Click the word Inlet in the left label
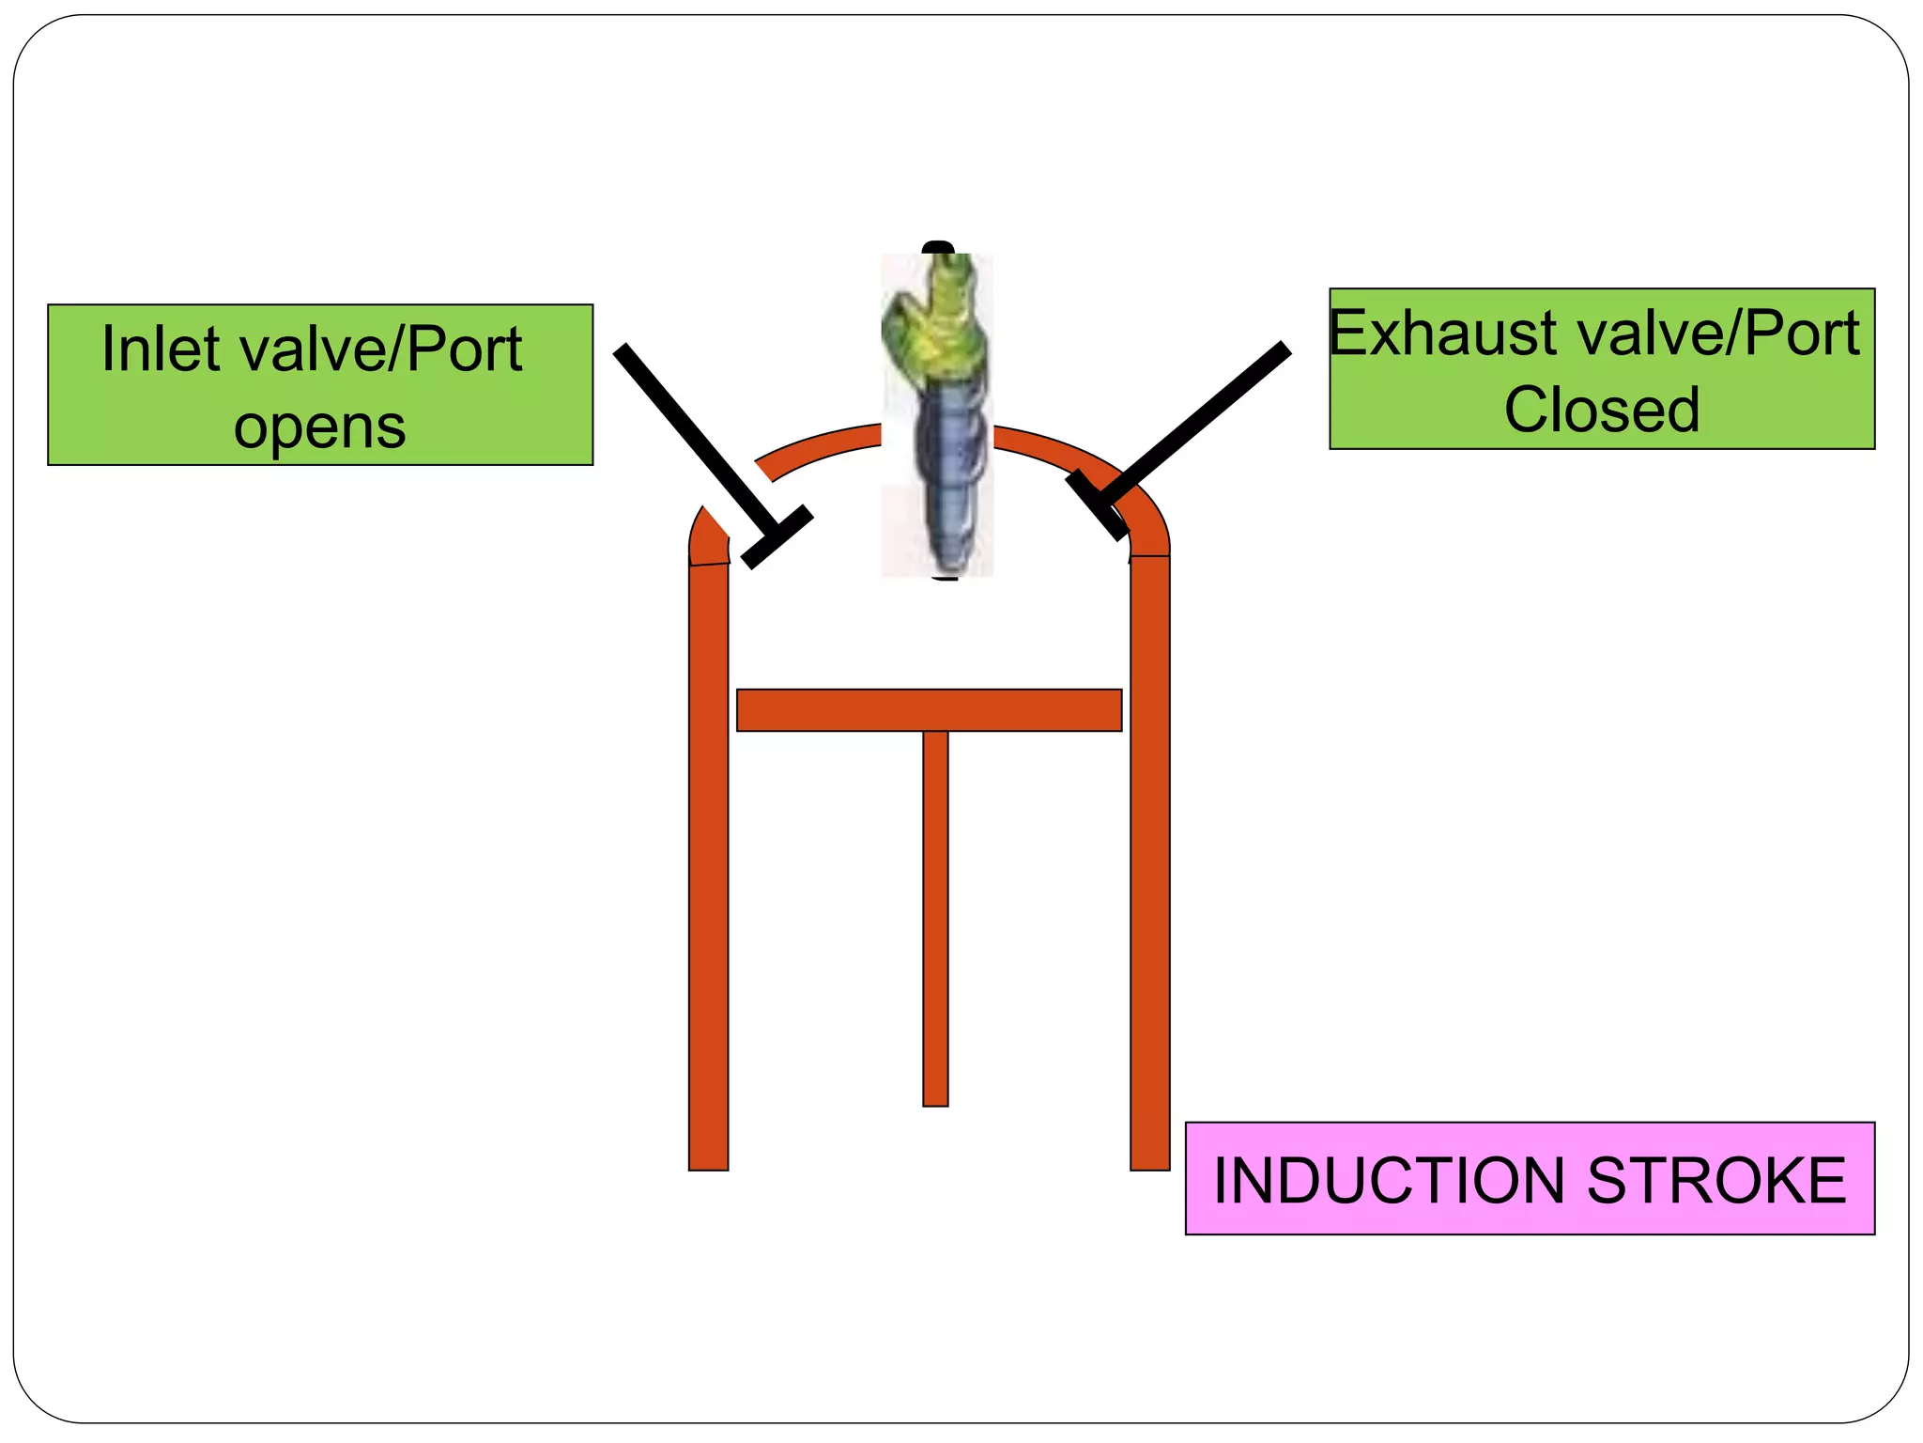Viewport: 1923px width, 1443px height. click(x=161, y=349)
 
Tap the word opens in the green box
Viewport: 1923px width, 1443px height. click(x=319, y=427)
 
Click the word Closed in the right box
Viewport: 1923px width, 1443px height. click(x=1601, y=411)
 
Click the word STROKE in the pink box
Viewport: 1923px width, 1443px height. click(x=1715, y=1180)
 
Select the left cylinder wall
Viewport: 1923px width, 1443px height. click(x=708, y=864)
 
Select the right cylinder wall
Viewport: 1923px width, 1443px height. click(x=1149, y=864)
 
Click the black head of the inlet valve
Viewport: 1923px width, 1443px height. click(x=777, y=536)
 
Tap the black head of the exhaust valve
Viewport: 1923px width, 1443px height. click(x=1097, y=505)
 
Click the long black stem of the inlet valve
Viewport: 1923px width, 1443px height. click(x=690, y=432)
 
